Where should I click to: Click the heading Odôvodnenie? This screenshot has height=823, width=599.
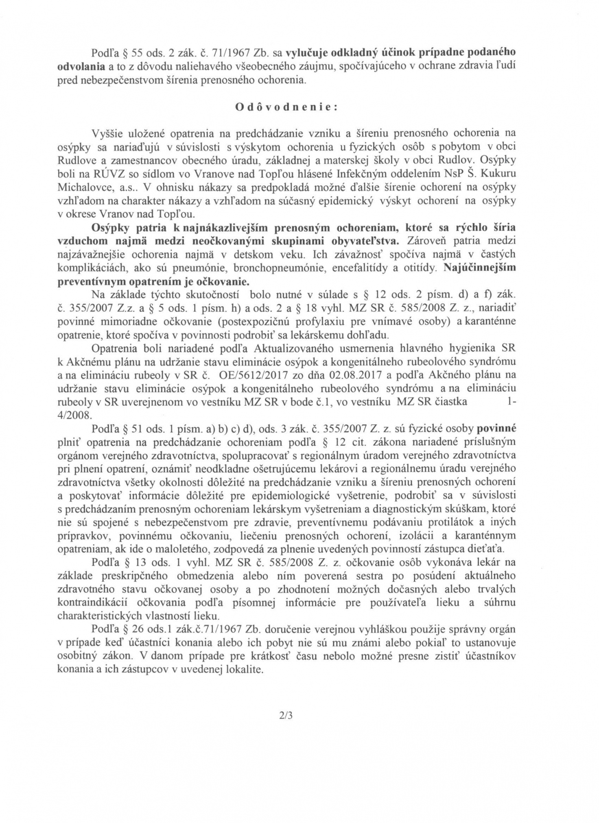coord(286,107)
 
